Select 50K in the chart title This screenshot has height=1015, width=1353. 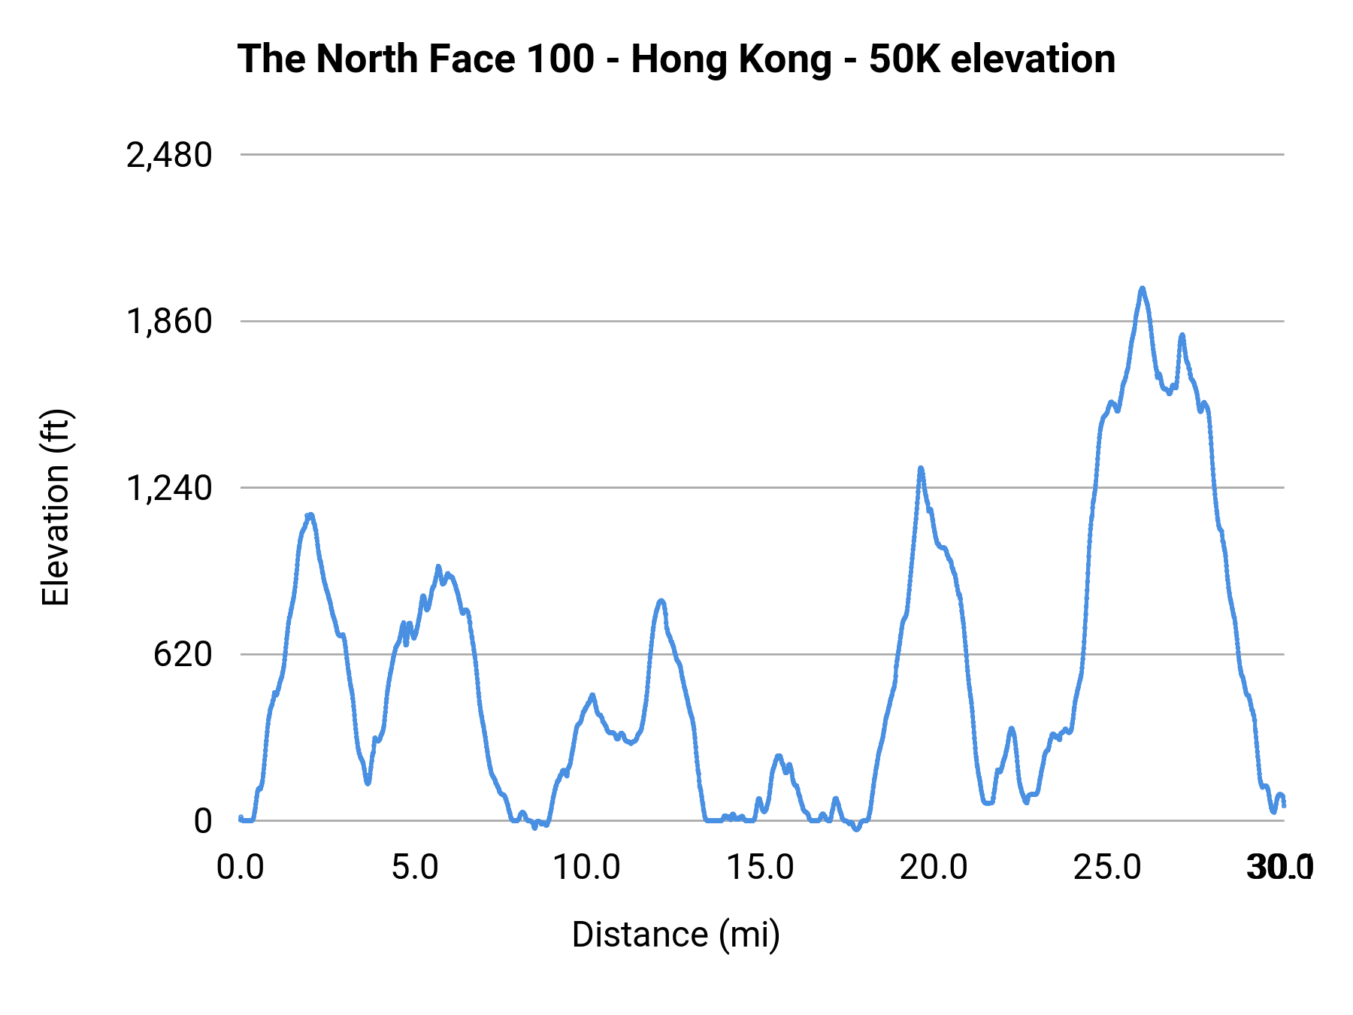(x=904, y=59)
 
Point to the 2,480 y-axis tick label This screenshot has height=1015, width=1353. (x=169, y=156)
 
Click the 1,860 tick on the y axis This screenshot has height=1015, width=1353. (x=169, y=322)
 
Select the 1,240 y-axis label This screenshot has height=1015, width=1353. (x=169, y=488)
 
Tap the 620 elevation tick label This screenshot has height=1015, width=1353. (x=183, y=655)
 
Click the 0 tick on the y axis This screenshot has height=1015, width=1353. (x=203, y=821)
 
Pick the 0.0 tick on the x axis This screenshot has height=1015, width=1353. (x=241, y=868)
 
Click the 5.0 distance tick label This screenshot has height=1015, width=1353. (x=414, y=868)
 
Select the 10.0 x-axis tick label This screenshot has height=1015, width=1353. (x=587, y=868)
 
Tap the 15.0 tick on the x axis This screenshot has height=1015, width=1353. (x=761, y=868)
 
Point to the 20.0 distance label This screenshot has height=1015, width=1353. (x=934, y=868)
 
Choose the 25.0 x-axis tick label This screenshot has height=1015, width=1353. (x=1107, y=868)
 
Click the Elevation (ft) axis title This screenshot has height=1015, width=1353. (x=56, y=508)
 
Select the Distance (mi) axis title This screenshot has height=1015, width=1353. (x=676, y=935)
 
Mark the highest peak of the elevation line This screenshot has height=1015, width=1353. (x=1143, y=288)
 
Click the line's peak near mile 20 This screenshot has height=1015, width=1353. (x=921, y=468)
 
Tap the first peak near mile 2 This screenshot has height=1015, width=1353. (x=310, y=515)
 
